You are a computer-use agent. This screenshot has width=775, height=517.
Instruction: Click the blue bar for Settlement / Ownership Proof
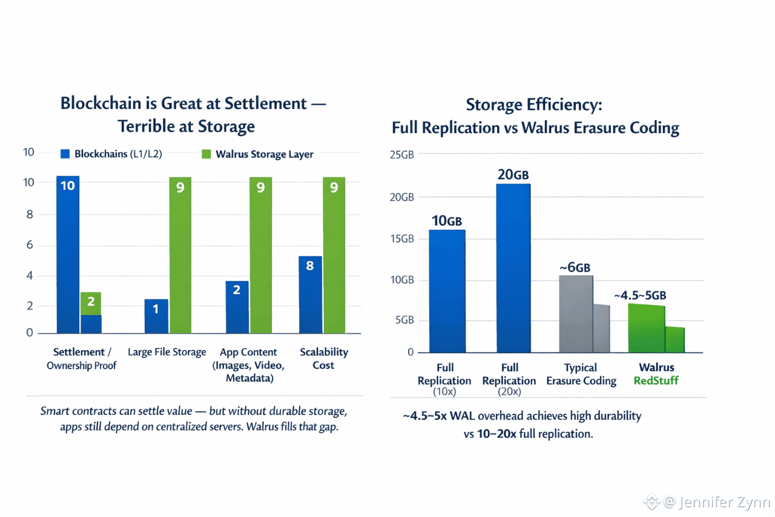(68, 255)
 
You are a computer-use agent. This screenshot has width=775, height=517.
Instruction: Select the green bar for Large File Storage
(180, 255)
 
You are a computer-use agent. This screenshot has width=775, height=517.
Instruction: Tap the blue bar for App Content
(237, 307)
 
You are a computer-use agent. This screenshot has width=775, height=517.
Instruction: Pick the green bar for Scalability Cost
(334, 255)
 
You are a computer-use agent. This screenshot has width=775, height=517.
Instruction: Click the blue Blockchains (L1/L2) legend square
(65, 154)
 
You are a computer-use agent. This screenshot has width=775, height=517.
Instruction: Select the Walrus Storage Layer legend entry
(257, 154)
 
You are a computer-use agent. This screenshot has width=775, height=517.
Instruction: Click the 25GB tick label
(401, 155)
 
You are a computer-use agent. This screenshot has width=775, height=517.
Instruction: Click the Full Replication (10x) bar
(447, 291)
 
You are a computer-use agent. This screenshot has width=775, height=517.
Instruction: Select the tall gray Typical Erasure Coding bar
(575, 314)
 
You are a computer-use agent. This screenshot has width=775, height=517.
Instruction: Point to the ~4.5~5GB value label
(640, 296)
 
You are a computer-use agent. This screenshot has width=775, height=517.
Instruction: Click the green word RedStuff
(656, 381)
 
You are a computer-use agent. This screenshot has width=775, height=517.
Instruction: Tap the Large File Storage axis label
(167, 352)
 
